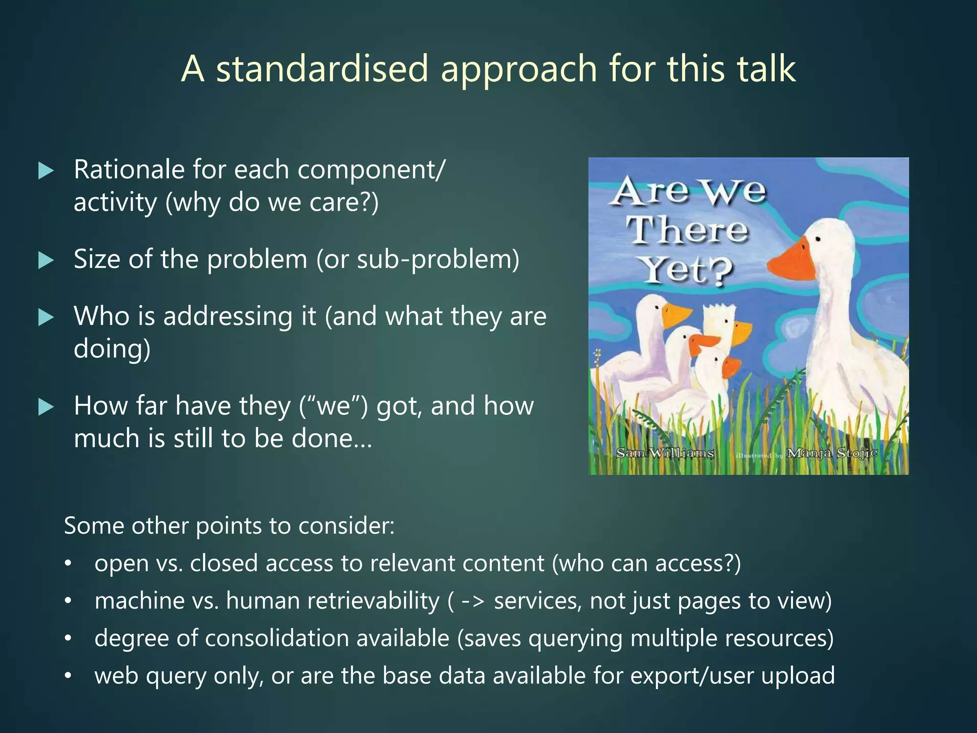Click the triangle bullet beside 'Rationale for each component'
(x=46, y=170)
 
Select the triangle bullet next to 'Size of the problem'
(x=46, y=260)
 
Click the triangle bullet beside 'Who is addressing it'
(x=46, y=317)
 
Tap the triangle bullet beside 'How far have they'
(x=46, y=407)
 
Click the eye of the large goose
(x=819, y=238)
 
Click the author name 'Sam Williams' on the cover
(x=665, y=452)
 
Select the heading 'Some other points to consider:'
(x=229, y=525)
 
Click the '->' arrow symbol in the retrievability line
(x=473, y=601)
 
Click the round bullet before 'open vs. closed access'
(x=68, y=564)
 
